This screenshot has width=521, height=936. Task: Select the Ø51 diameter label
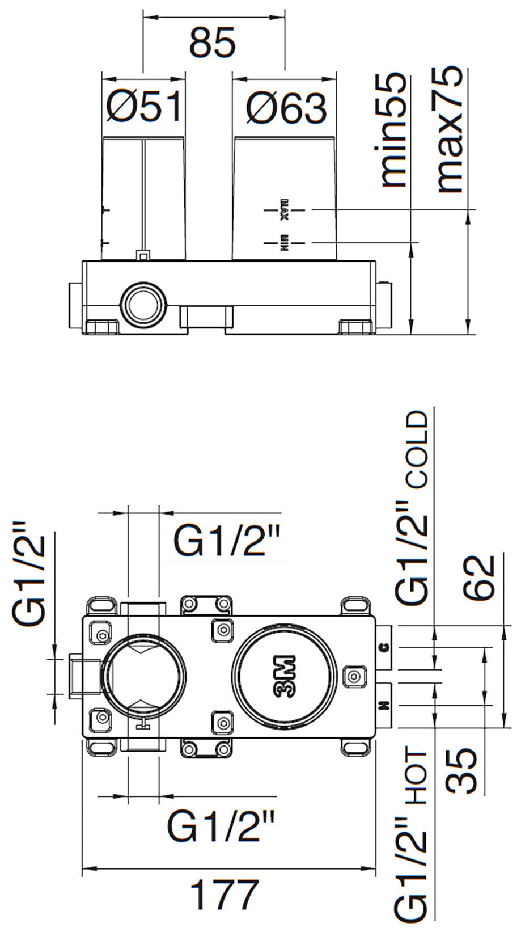point(144,107)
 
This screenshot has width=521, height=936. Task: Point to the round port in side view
point(145,303)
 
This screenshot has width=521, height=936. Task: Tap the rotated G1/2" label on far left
point(29,572)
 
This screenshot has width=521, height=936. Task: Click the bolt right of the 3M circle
point(354,676)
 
